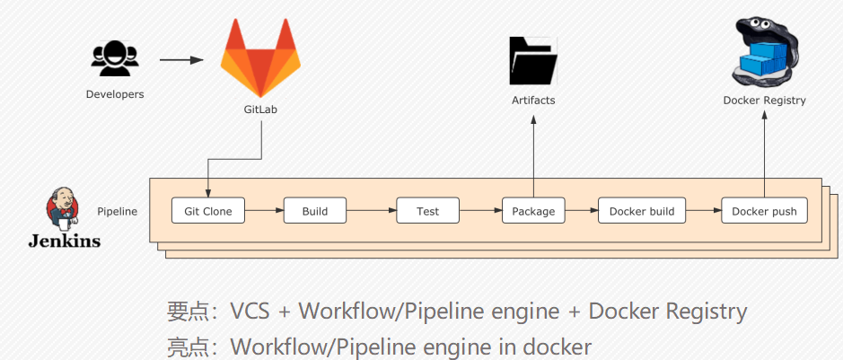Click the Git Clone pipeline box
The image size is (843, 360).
(207, 211)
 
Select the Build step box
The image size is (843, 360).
(314, 211)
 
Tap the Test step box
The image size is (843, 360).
(427, 211)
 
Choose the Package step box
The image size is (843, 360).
(533, 211)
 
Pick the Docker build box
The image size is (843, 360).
(641, 211)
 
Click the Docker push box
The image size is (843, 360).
(764, 211)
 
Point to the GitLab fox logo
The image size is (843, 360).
(260, 59)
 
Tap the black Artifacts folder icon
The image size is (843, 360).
(533, 60)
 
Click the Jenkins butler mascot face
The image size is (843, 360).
(63, 207)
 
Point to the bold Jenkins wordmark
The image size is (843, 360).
(64, 241)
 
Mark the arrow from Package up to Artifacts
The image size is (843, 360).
(533, 153)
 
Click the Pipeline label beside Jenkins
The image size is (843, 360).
(118, 211)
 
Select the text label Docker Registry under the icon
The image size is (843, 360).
(764, 101)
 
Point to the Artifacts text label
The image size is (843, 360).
(533, 101)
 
